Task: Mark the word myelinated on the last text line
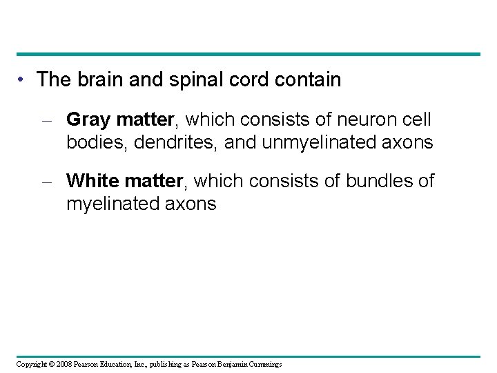point(121,204)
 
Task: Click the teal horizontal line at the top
point(248,54)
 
